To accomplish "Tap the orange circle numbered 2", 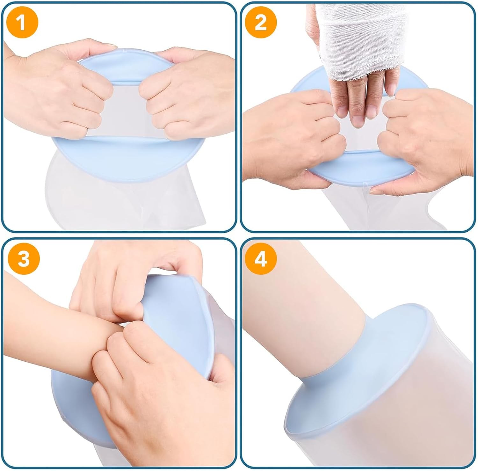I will point(261,23).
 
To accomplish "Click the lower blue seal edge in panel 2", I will point(360,169).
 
